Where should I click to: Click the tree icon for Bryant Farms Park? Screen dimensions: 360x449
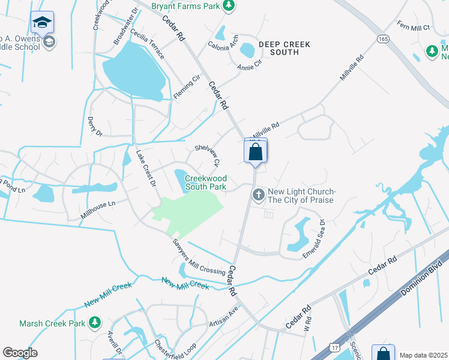(228, 6)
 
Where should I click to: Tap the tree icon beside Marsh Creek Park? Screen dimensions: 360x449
(94, 323)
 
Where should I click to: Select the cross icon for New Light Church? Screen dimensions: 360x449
(258, 194)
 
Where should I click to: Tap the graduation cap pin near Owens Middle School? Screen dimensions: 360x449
(42, 23)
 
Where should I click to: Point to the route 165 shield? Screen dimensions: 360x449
(382, 38)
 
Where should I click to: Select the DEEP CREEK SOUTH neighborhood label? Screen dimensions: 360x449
(279, 48)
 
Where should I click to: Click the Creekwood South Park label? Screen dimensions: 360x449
(205, 182)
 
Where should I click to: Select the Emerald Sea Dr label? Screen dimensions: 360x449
(315, 239)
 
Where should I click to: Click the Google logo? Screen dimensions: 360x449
(20, 353)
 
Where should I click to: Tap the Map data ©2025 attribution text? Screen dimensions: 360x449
(423, 355)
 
